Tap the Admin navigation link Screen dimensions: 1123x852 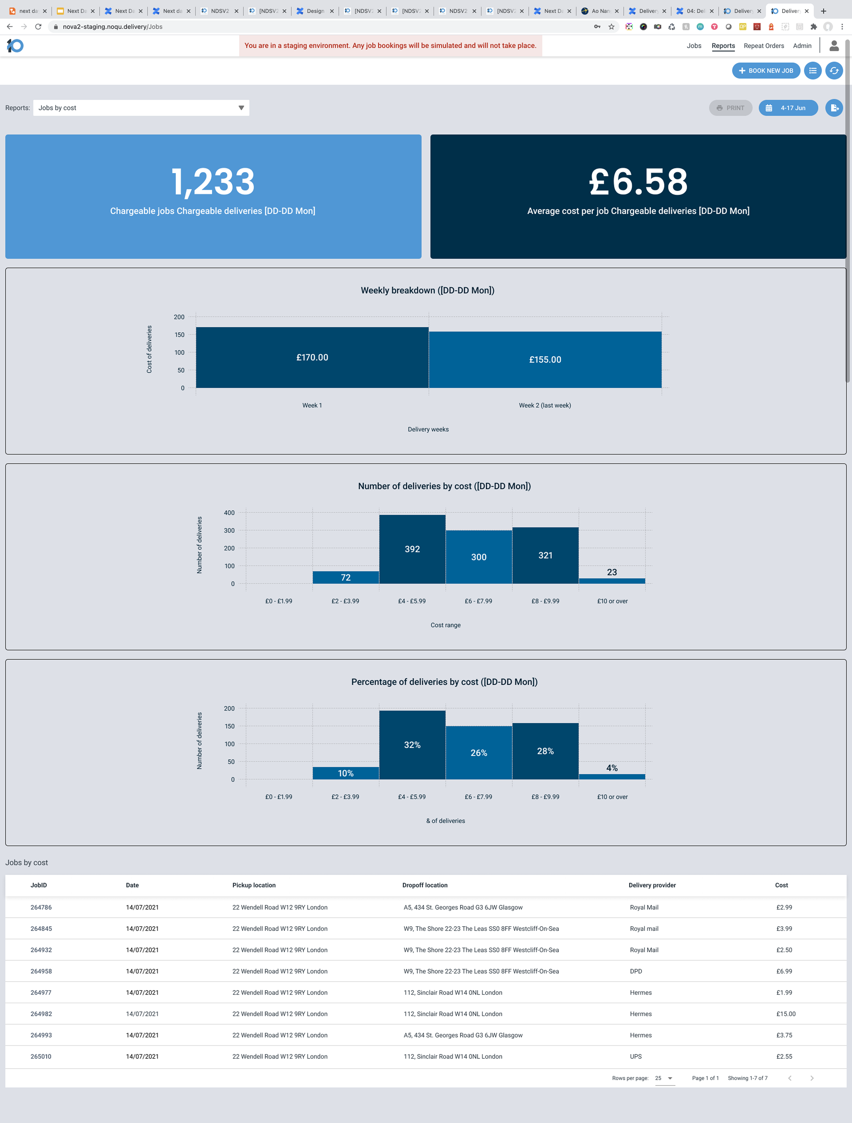point(802,46)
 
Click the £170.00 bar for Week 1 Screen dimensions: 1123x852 point(312,357)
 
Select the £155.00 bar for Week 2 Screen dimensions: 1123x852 point(545,360)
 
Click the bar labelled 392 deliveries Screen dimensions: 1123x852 point(412,549)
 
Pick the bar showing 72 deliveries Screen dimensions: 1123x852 point(345,577)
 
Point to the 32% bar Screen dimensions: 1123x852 point(412,745)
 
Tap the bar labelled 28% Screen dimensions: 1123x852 point(545,751)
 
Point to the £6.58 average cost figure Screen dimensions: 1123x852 point(638,182)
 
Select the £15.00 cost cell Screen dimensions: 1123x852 point(785,1014)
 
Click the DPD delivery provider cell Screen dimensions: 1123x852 point(636,971)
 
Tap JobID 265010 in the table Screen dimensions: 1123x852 point(41,1056)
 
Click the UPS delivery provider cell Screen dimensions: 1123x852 point(636,1056)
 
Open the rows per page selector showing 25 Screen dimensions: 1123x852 point(664,1078)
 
